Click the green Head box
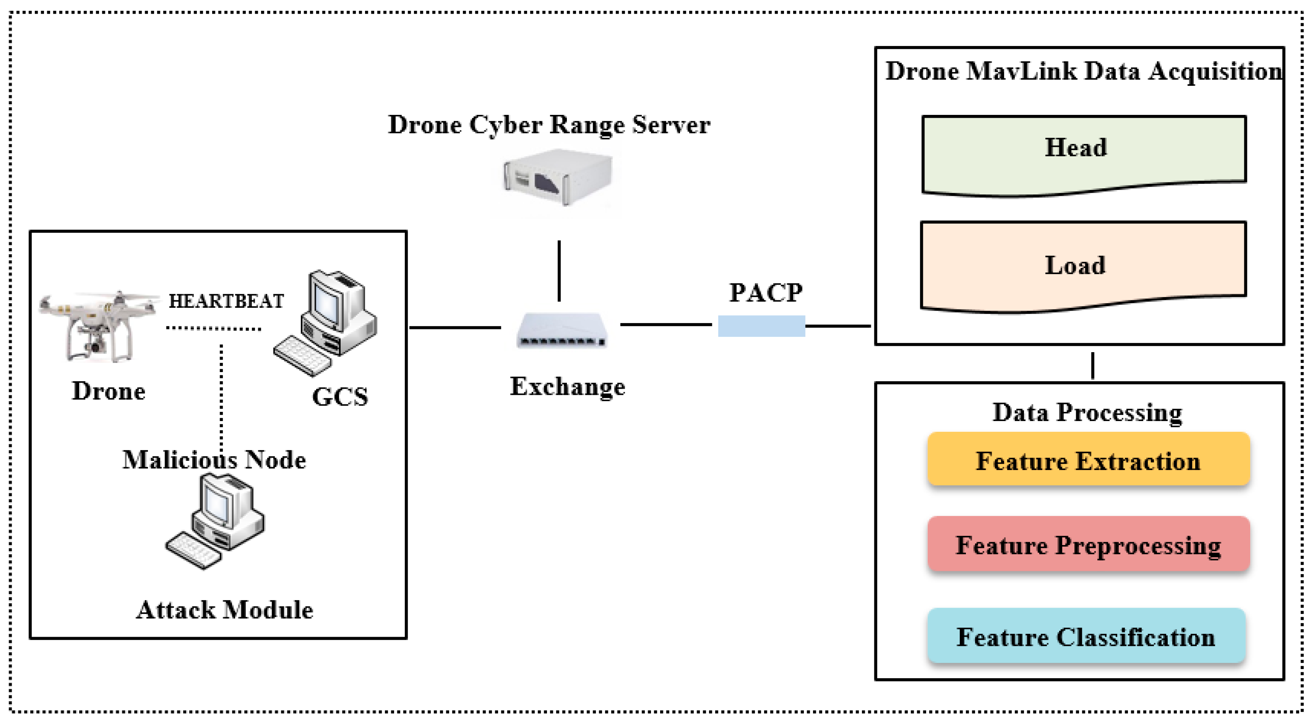(x=1084, y=153)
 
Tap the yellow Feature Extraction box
(x=1089, y=460)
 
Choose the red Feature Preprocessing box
(x=1089, y=544)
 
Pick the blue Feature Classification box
(x=1087, y=636)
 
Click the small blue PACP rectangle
(x=761, y=326)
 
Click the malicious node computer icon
(x=216, y=521)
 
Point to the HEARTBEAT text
(x=226, y=301)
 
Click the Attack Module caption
(x=225, y=610)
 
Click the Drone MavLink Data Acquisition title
(x=1084, y=71)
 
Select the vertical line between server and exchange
(x=559, y=270)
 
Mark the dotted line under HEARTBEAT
(x=214, y=328)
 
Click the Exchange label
(x=567, y=387)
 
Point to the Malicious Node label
(x=214, y=460)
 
